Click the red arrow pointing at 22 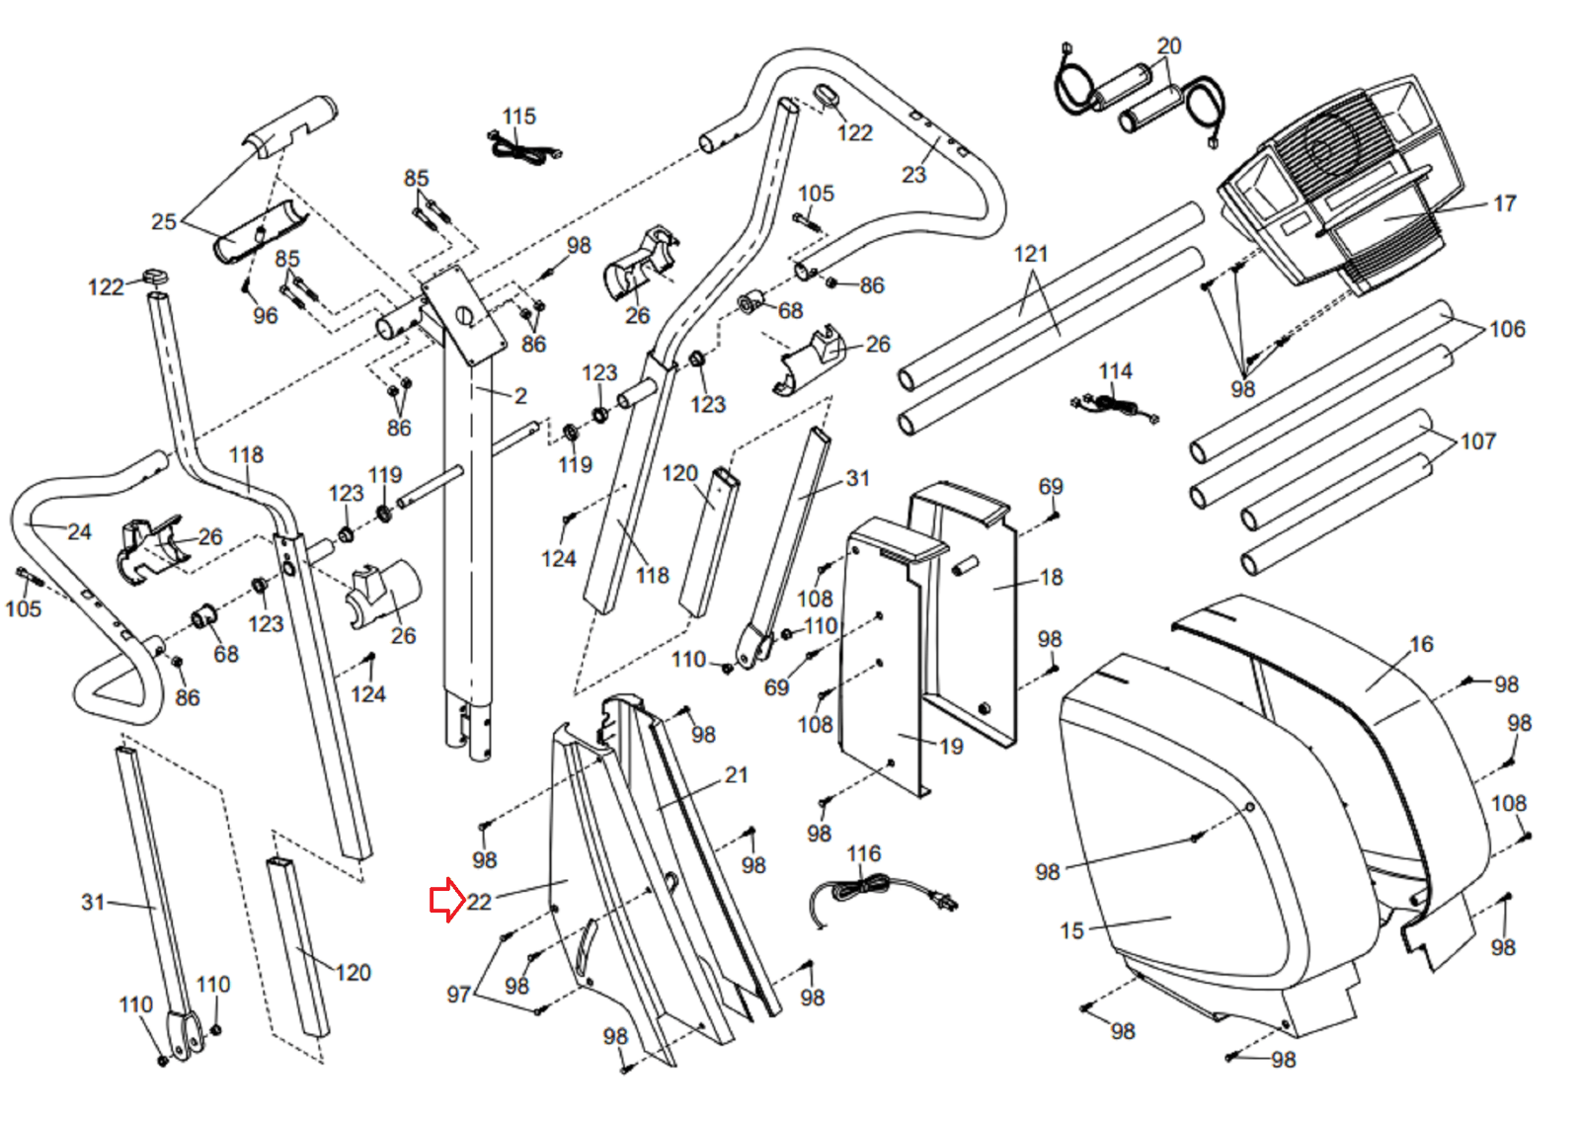point(447,900)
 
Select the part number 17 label point(1505,203)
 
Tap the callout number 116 point(863,853)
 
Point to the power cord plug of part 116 point(944,901)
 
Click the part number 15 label point(1071,930)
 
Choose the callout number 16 point(1421,644)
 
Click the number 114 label point(1115,371)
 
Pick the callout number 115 point(519,117)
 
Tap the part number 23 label point(913,174)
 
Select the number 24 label point(79,532)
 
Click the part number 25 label point(164,222)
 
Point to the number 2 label point(520,396)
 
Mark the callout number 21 point(736,775)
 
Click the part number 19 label point(951,747)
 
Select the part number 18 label point(1051,578)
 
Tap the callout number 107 point(1477,441)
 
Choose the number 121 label point(1031,254)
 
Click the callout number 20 point(1169,46)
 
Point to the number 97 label point(458,995)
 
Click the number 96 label point(266,316)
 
